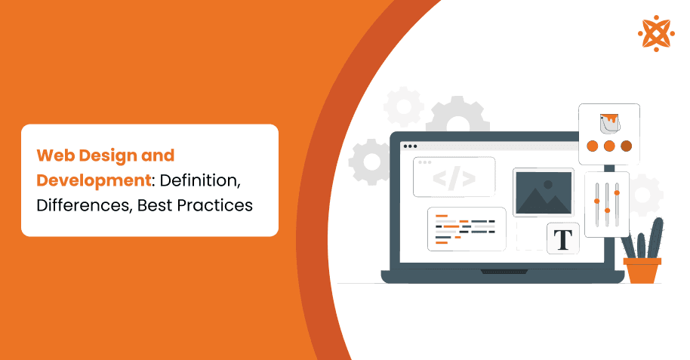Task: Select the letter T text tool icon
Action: pos(562,238)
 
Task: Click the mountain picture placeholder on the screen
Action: pos(543,192)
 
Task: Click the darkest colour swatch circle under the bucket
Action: pos(626,146)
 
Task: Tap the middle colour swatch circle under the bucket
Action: pos(609,146)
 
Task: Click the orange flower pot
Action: pos(642,269)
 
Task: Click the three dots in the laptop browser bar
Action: pos(410,146)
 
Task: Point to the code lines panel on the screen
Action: pos(466,229)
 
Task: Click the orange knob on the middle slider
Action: pos(608,209)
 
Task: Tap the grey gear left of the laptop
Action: pos(371,162)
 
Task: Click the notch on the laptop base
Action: pos(502,269)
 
